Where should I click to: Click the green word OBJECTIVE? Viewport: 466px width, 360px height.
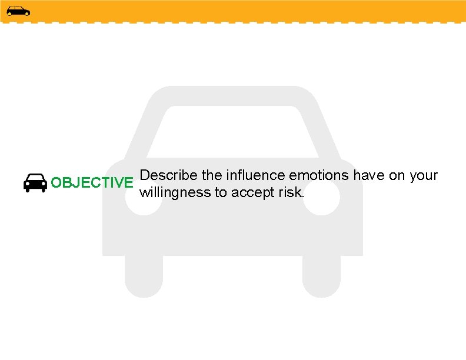[x=92, y=182]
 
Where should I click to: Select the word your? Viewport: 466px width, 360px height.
[x=424, y=175]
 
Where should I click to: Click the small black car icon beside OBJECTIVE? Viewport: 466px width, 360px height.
[x=35, y=183]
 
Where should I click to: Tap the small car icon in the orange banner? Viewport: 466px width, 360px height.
[x=18, y=11]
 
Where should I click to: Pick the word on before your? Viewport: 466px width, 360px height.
[x=397, y=175]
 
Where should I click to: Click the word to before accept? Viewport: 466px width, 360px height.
[x=220, y=192]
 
